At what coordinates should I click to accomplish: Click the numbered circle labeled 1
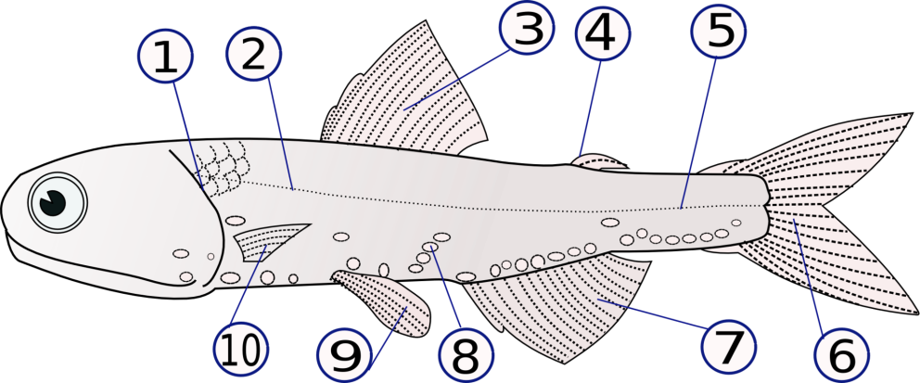(165, 56)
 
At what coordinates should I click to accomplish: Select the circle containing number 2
(253, 54)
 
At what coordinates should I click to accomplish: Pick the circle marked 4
(603, 32)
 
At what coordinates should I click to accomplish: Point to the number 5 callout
(718, 31)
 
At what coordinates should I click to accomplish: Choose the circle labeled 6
(841, 355)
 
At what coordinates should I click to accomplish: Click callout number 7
(728, 346)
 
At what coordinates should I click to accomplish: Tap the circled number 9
(344, 355)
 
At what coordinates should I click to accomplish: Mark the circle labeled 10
(241, 351)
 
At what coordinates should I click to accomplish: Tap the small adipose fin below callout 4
(600, 162)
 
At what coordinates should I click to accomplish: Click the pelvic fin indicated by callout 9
(384, 302)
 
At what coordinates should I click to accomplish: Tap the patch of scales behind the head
(223, 169)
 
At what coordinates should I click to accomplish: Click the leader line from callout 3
(456, 79)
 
